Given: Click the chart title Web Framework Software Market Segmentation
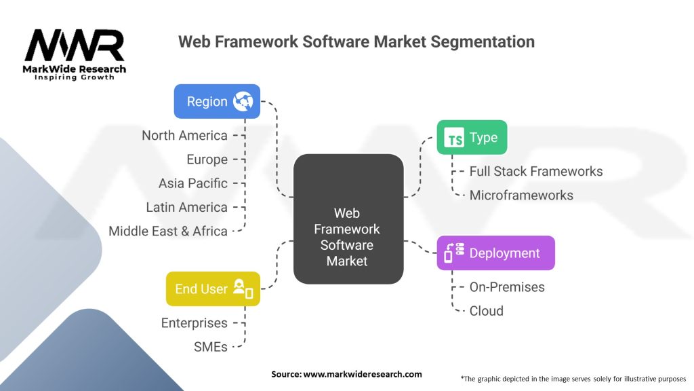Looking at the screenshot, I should point(356,42).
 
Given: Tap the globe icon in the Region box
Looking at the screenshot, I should point(242,101).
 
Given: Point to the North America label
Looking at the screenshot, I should point(184,136).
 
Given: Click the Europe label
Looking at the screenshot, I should point(207,160).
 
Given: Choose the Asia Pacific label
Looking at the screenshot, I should point(192,183).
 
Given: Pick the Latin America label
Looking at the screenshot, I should point(186,207).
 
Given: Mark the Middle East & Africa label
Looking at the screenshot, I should point(168,231).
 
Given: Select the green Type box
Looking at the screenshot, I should point(472,138).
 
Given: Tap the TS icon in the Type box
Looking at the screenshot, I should point(453,138).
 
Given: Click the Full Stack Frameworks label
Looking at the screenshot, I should point(535,172).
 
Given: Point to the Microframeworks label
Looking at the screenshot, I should point(521,195).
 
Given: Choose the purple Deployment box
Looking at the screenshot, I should point(495,253).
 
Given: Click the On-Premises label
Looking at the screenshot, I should point(507,287).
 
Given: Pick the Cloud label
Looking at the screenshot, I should point(486,311).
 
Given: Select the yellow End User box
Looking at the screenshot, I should point(213,288).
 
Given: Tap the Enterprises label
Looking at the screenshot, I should point(194,323).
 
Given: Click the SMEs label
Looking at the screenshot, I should point(211,347).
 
